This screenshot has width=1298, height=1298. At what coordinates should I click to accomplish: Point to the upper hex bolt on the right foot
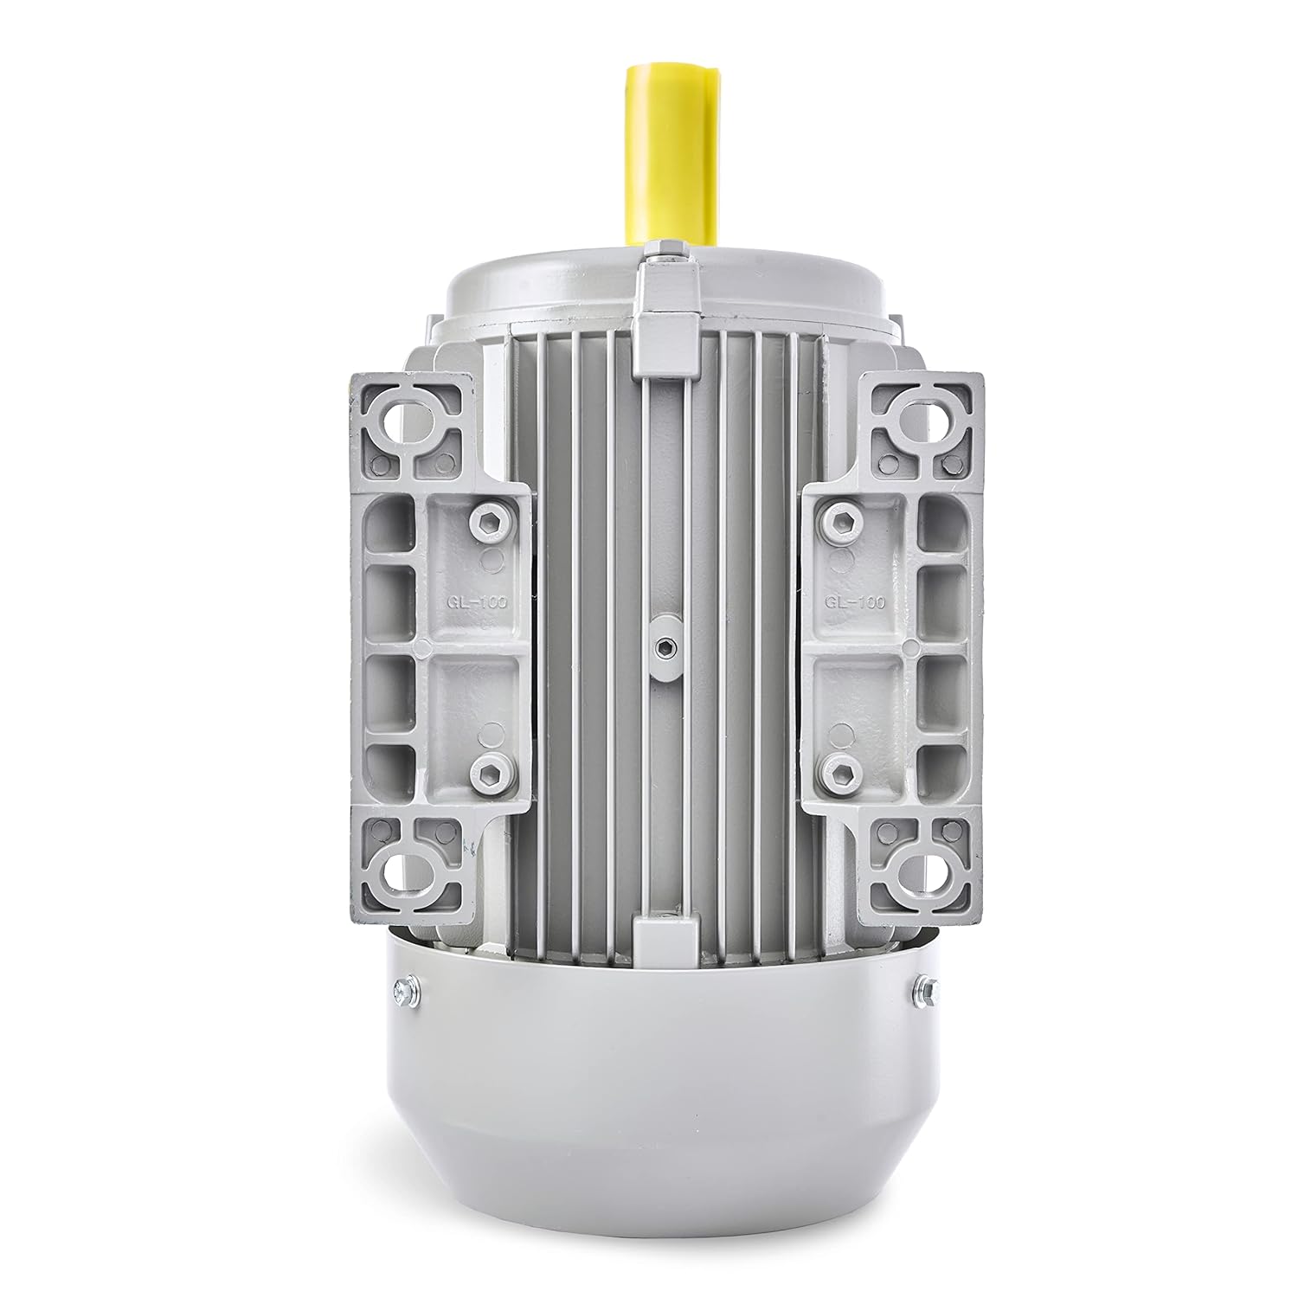[837, 520]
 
